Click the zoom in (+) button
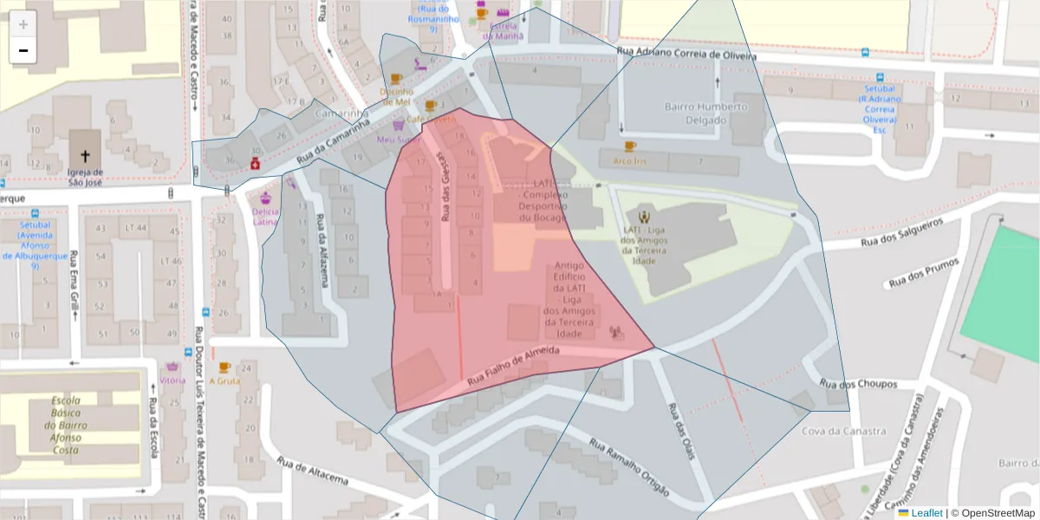[23, 23]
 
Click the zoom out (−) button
[23, 50]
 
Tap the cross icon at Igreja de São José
[85, 157]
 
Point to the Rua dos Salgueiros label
[901, 233]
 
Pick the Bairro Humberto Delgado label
[705, 114]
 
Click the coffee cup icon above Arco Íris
[629, 146]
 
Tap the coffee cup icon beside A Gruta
[224, 367]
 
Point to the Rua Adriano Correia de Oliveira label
[686, 54]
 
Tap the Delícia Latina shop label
[265, 216]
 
